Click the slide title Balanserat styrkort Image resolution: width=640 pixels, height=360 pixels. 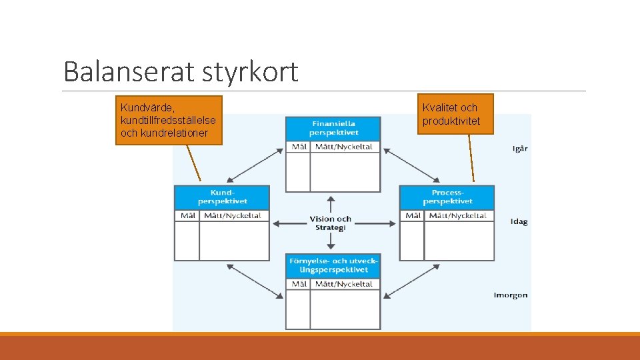click(x=181, y=72)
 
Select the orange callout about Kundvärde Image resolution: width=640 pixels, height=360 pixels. click(x=169, y=120)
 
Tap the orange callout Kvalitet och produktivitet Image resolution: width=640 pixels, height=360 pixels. click(x=455, y=114)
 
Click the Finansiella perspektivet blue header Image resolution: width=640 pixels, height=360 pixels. click(x=333, y=128)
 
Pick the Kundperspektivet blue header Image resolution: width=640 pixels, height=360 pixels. click(x=222, y=197)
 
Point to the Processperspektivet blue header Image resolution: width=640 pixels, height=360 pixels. click(x=447, y=197)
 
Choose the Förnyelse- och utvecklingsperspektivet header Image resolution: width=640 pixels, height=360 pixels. click(x=333, y=265)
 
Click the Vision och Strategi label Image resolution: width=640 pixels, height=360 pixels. click(x=330, y=223)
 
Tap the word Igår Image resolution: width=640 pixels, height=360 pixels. click(x=519, y=149)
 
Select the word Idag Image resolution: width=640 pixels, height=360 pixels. click(x=519, y=221)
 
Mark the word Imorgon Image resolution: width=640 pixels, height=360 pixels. click(x=510, y=295)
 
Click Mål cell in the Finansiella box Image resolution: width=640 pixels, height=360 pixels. click(x=298, y=147)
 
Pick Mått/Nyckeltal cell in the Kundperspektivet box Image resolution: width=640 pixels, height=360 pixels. click(x=233, y=215)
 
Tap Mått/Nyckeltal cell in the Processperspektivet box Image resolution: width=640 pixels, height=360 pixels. click(x=458, y=215)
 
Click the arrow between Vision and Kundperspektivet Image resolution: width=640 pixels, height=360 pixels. click(x=289, y=223)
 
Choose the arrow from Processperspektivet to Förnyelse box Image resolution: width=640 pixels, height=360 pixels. click(x=411, y=280)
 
